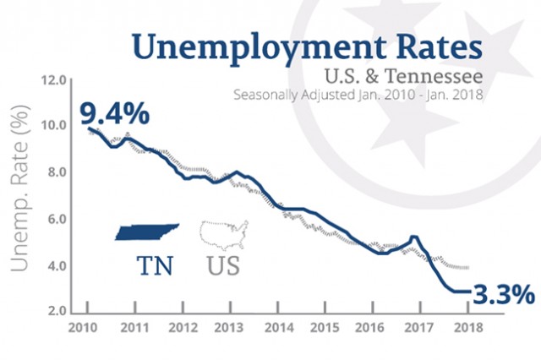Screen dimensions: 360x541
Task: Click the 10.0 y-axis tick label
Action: (54, 126)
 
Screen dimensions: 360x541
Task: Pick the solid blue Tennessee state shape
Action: (147, 232)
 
